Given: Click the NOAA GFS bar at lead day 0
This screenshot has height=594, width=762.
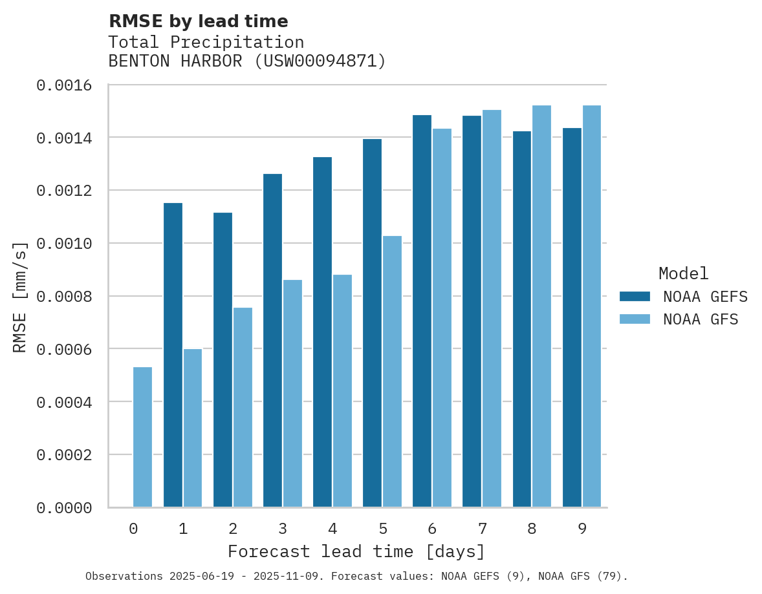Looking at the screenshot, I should (142, 437).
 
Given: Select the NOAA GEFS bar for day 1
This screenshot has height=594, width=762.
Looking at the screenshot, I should (173, 355).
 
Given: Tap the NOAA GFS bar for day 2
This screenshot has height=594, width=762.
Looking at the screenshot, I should (243, 407).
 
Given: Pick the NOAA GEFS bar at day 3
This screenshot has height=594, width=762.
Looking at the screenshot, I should (272, 340).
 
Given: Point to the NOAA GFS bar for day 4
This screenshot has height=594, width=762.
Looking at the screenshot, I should (342, 391).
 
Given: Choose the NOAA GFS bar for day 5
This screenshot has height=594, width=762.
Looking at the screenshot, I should (392, 372).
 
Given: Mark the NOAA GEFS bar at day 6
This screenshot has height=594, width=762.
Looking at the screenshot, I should (422, 311).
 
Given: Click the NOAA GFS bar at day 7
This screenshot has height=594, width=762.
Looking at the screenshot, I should (492, 308).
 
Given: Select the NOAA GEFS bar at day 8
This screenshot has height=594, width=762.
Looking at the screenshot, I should (522, 319).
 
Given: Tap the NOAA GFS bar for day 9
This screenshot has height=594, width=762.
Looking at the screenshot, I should (592, 306).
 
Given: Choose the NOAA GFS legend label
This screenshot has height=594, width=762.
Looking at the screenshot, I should (701, 319).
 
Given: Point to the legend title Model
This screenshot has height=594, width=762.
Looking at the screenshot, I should (683, 273).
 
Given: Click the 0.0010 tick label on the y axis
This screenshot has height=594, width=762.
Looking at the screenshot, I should (63, 244).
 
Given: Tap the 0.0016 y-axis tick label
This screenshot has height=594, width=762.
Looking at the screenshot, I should (63, 85).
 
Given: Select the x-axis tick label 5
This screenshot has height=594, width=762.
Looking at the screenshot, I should (382, 529).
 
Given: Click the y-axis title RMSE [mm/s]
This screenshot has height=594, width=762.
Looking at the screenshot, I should (20, 297).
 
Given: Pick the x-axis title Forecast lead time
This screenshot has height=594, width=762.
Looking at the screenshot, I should (356, 552).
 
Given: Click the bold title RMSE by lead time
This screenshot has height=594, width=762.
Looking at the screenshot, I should (198, 21).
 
